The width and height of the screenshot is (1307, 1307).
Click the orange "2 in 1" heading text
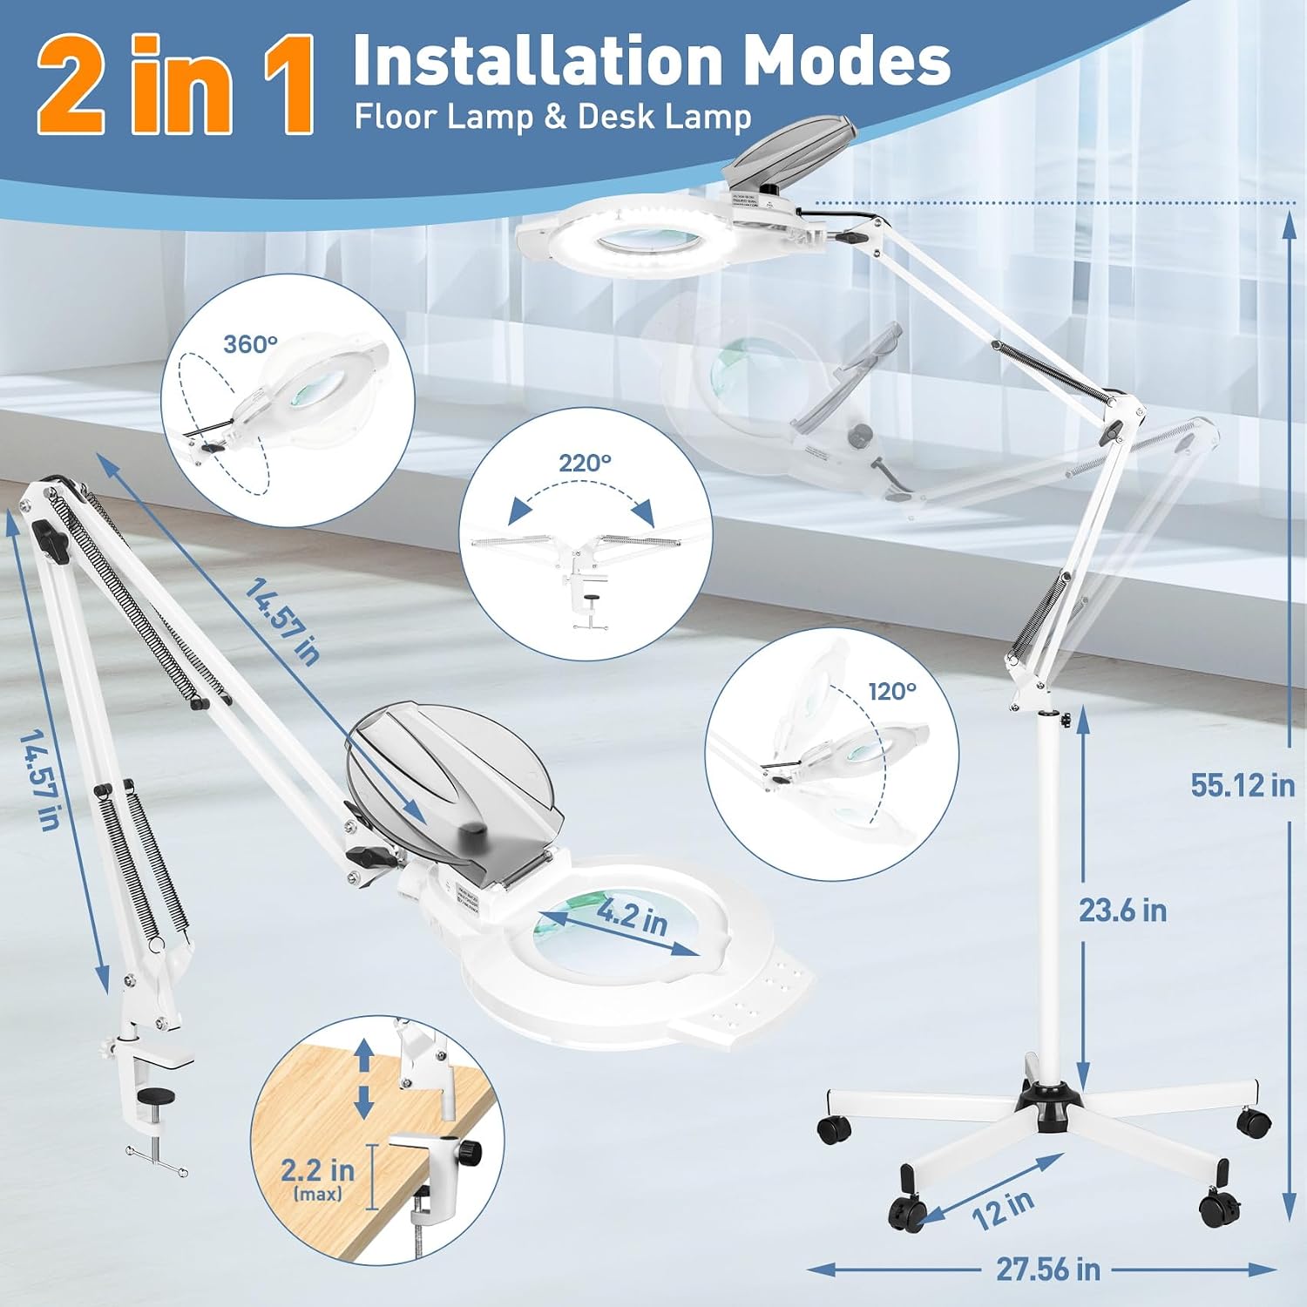(x=175, y=85)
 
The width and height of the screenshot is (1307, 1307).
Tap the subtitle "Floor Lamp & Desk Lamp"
(x=552, y=117)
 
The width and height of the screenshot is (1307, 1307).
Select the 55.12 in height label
(x=1243, y=785)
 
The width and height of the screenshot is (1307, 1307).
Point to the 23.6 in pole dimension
(x=1122, y=911)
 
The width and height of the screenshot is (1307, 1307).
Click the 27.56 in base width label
(x=1048, y=1270)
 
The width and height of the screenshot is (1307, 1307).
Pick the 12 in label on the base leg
(x=1003, y=1210)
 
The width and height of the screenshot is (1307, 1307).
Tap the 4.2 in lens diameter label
(x=632, y=918)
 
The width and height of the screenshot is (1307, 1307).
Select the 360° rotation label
(x=250, y=345)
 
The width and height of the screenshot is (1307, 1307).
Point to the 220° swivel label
(x=585, y=463)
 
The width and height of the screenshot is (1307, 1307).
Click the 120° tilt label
(x=892, y=692)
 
